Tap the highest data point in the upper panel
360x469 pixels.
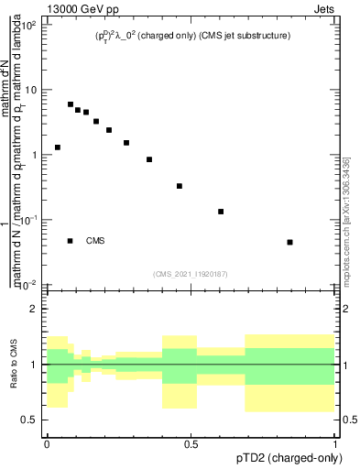(71, 104)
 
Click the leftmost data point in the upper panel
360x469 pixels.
(58, 147)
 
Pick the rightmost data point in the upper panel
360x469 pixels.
(289, 242)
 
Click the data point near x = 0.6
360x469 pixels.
(221, 212)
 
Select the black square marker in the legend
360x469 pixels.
(71, 241)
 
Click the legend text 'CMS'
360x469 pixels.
(95, 241)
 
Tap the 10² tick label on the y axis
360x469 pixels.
(30, 25)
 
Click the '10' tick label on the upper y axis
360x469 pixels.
(32, 90)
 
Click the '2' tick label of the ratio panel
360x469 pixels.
(36, 309)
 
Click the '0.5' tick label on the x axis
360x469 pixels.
(191, 443)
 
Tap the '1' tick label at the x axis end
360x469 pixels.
(334, 443)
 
